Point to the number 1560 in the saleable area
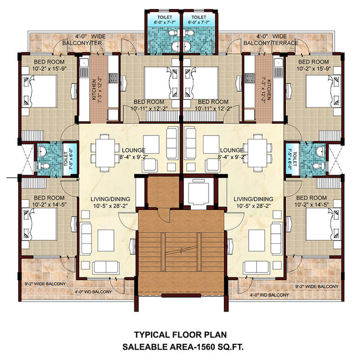click(195, 347)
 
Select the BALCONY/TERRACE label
click(271, 43)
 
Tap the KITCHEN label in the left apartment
click(94, 90)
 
